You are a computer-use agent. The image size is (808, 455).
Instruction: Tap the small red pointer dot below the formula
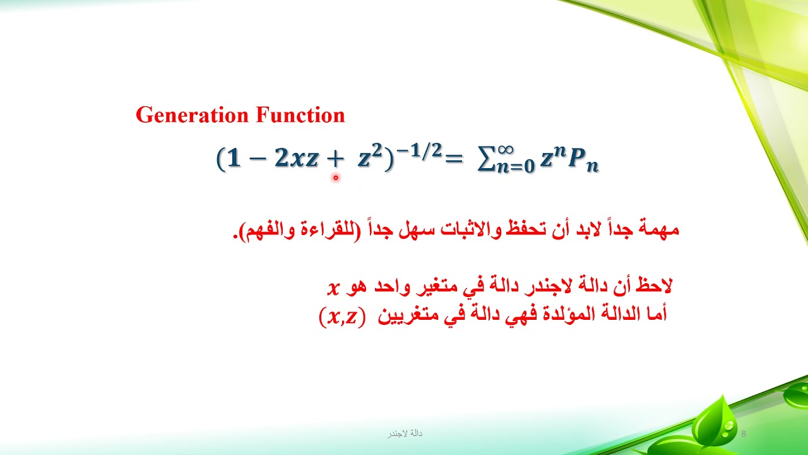pyautogui.click(x=336, y=178)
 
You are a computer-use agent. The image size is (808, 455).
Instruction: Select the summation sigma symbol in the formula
pyautogui.click(x=485, y=161)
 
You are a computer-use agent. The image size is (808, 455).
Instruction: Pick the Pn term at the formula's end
pyautogui.click(x=583, y=162)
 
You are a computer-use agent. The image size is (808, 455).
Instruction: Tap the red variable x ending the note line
pyautogui.click(x=333, y=288)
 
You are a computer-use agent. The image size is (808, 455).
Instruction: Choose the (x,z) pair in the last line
pyautogui.click(x=342, y=316)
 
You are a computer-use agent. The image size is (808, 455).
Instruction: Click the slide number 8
pyautogui.click(x=744, y=434)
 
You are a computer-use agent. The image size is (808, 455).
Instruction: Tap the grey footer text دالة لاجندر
pyautogui.click(x=405, y=434)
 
